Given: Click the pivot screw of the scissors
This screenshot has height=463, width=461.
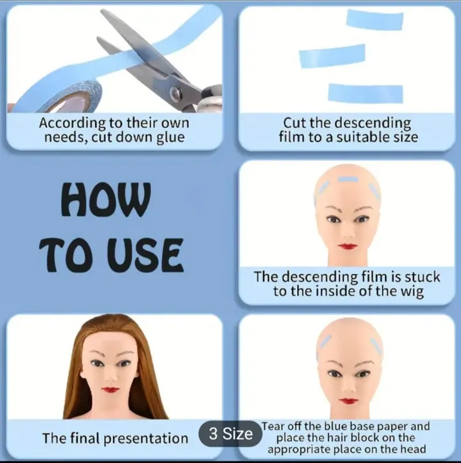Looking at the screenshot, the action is click(176, 93).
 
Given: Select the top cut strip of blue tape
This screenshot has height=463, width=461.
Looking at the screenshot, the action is click(375, 20).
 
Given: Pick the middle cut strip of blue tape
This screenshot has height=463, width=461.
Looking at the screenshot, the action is click(332, 56).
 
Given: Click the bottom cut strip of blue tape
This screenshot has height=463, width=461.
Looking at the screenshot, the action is click(366, 93).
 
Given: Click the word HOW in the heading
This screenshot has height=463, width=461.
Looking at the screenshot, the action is click(106, 199).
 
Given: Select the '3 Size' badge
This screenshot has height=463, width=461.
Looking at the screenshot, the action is click(231, 433).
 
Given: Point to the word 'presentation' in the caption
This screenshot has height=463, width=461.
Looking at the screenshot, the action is click(146, 439).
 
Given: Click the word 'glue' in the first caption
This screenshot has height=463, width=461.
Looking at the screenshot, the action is click(170, 138).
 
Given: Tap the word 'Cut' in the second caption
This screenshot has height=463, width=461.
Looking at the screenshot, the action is click(294, 123).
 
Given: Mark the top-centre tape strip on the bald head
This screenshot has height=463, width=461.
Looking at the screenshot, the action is click(348, 179).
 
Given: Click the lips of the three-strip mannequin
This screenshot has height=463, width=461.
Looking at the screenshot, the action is click(348, 246).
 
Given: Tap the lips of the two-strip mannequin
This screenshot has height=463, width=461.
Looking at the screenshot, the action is click(348, 401).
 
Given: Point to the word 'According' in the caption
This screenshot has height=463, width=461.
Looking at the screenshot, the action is click(73, 123).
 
